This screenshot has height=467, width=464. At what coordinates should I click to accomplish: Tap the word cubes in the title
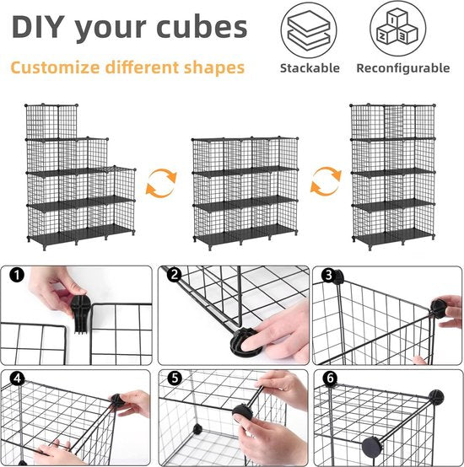(202, 26)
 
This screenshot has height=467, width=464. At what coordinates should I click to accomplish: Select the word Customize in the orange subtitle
(55, 67)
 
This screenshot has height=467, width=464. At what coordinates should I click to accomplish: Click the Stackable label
(310, 68)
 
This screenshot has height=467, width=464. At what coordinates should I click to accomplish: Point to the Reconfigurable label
(403, 68)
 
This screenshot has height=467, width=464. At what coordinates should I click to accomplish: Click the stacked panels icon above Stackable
(309, 30)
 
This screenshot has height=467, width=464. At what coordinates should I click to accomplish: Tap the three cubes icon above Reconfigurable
(397, 29)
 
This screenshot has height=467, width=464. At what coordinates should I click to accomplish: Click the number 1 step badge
(17, 275)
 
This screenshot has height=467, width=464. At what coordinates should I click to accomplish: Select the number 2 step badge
(175, 275)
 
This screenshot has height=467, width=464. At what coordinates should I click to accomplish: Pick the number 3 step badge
(329, 275)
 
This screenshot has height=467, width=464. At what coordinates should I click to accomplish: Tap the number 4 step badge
(17, 378)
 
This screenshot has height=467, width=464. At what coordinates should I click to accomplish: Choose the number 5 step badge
(175, 378)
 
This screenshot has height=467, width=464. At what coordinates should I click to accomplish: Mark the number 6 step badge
(330, 378)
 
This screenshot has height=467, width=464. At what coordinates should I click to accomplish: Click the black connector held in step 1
(79, 314)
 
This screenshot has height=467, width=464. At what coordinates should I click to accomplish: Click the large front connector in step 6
(371, 448)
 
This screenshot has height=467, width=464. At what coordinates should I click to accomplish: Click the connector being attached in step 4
(118, 401)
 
